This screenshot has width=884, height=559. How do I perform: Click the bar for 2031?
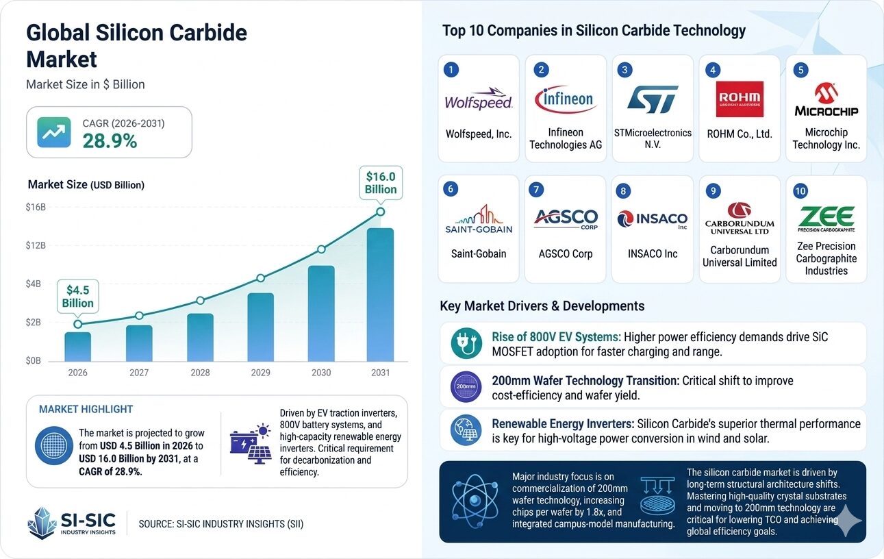tap(380, 295)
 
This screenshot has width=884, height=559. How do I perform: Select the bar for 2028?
tap(200, 337)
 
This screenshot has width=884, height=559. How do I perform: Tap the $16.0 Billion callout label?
tap(380, 182)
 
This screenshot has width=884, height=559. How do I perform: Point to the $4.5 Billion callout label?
tap(78, 296)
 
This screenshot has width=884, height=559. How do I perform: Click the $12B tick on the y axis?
tap(36, 245)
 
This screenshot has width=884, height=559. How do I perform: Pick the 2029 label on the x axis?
tap(260, 373)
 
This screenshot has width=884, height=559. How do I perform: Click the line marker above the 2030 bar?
tap(320, 249)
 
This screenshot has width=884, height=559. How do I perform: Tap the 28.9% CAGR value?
tap(110, 140)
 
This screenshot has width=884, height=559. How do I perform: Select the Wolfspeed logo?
tap(479, 101)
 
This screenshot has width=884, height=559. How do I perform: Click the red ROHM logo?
tap(740, 99)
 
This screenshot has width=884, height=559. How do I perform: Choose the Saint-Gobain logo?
tap(478, 219)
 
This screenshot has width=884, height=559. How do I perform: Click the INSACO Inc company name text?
tap(653, 253)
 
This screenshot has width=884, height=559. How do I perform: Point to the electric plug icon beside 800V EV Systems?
tap(466, 344)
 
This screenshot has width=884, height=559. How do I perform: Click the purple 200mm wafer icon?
tap(466, 387)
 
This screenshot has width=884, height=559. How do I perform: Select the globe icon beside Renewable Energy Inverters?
tap(466, 430)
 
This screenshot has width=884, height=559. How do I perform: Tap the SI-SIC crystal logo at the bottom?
tap(42, 523)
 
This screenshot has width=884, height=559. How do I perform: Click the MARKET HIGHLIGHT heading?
tap(86, 409)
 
